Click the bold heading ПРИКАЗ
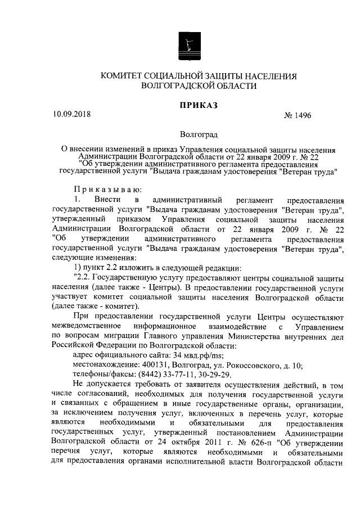[198, 105]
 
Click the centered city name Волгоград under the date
[199, 135]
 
